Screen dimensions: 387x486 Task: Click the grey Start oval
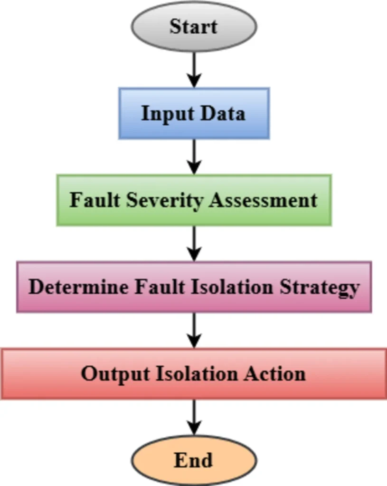194,27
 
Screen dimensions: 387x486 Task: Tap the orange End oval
194,460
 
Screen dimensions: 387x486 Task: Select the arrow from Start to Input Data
194,70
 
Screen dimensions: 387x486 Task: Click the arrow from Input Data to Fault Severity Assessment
194,157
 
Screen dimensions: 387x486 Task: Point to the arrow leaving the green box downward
194,243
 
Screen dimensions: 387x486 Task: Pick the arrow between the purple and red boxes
194,330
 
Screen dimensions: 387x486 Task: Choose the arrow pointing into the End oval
194,417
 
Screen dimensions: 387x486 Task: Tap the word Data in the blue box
223,113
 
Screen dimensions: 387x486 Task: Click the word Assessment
263,200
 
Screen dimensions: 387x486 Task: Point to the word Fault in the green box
94,200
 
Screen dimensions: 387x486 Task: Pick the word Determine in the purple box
78,287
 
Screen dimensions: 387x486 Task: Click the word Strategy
320,288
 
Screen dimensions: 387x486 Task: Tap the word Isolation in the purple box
232,287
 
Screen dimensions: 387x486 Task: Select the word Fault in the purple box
160,287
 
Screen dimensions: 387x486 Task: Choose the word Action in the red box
275,374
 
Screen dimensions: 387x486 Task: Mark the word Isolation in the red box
197,374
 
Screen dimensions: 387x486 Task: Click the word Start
194,27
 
